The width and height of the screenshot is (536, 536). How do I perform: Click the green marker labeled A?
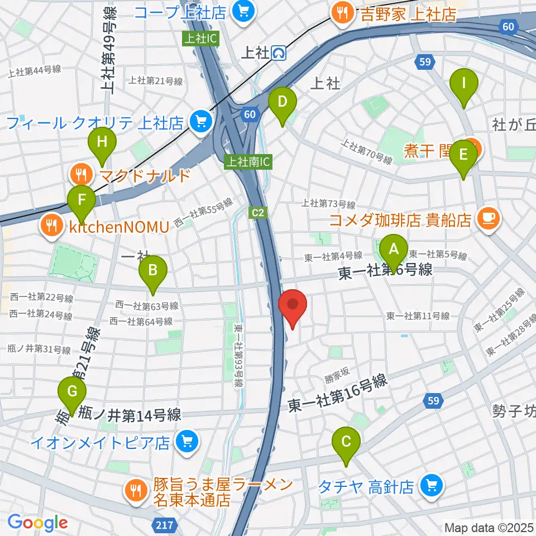click(x=394, y=253)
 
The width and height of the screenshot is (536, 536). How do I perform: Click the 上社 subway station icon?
click(x=279, y=53)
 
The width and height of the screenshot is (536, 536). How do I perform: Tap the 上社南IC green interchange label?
click(x=247, y=162)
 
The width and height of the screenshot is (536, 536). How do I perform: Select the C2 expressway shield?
click(x=257, y=212)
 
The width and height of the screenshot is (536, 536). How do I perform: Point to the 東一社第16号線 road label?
click(x=337, y=394)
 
